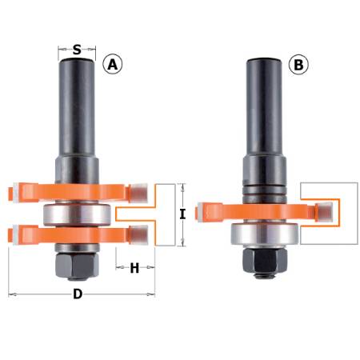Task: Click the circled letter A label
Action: [114, 65]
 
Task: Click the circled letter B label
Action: [299, 65]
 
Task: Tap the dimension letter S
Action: [77, 50]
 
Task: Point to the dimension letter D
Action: [78, 294]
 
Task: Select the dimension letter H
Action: [134, 269]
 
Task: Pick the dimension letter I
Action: [183, 214]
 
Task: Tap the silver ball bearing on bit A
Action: [78, 214]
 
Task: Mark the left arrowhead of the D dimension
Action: [11, 294]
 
